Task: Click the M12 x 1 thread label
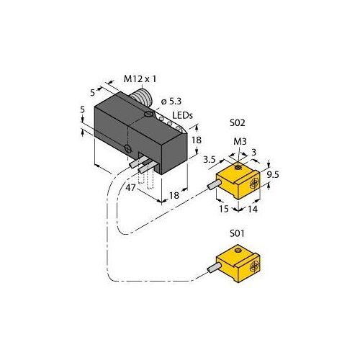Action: pos(140,79)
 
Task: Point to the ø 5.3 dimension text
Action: pos(171,102)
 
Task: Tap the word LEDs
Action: pos(182,115)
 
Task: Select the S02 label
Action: pos(238,123)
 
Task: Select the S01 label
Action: pos(237,233)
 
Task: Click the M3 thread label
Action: pos(240,142)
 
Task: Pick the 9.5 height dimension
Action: pos(273,174)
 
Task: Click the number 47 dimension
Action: pos(131,187)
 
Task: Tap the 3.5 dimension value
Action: pos(210,160)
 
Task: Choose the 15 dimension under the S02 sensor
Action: pos(224,209)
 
